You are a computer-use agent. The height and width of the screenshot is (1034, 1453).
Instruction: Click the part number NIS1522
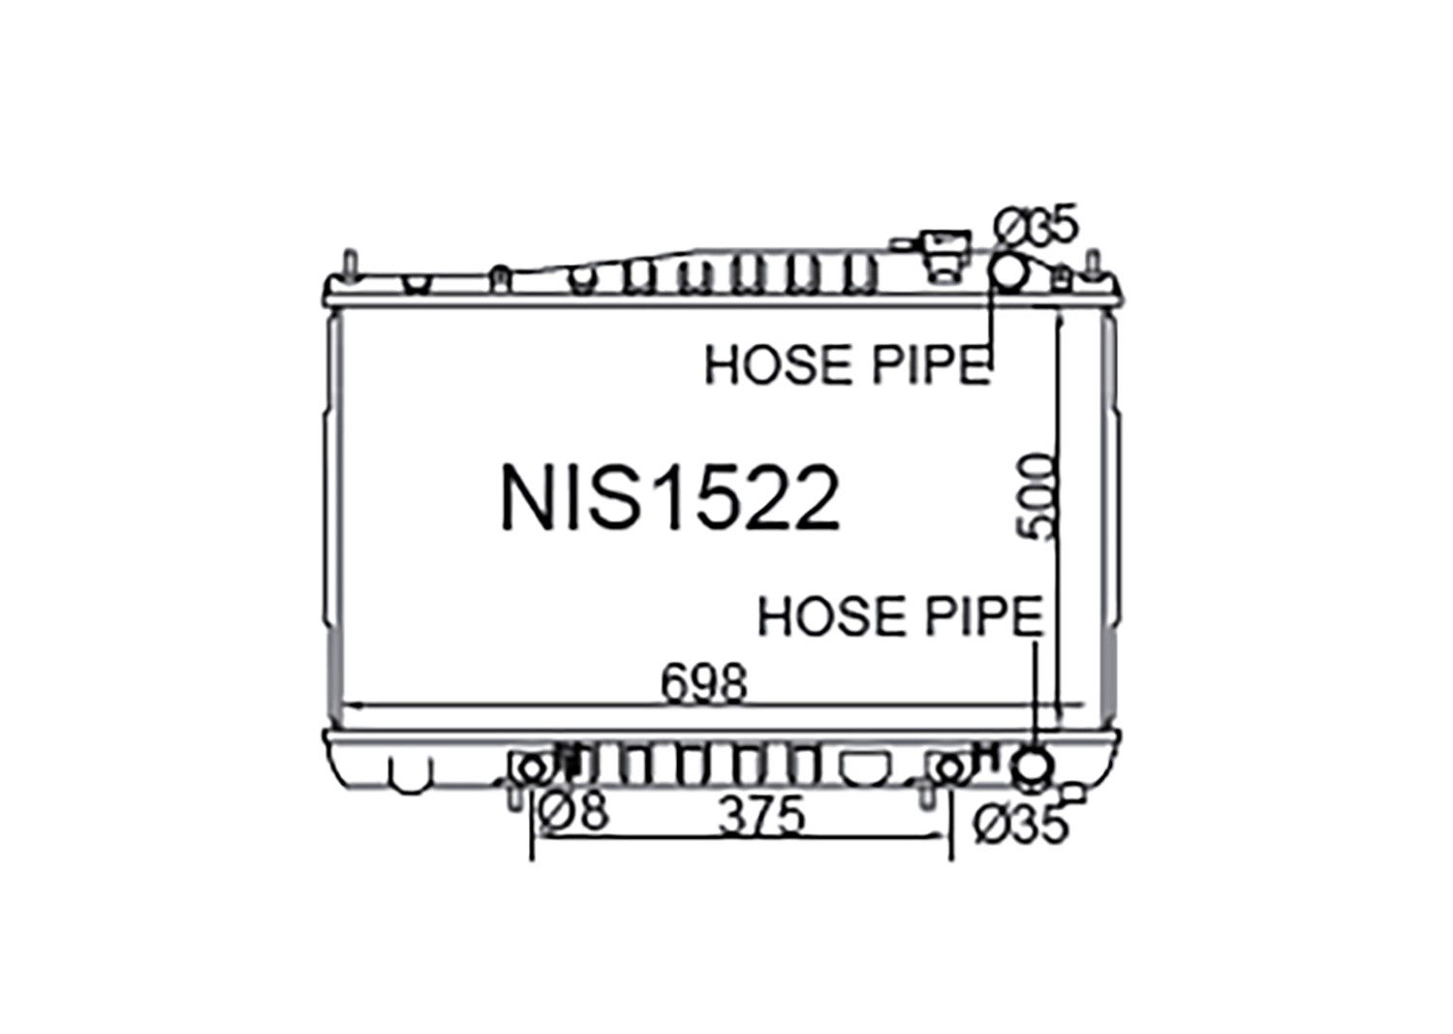670,497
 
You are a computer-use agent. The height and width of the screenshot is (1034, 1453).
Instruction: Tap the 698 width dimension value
704,683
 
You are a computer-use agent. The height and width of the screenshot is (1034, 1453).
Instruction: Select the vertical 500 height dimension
1036,496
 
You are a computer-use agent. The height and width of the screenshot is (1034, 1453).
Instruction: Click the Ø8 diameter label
573,811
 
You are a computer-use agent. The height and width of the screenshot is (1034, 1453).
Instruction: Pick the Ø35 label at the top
1036,225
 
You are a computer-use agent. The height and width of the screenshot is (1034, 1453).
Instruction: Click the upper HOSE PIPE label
848,364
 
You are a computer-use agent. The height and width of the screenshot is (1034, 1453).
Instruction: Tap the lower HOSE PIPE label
900,615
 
